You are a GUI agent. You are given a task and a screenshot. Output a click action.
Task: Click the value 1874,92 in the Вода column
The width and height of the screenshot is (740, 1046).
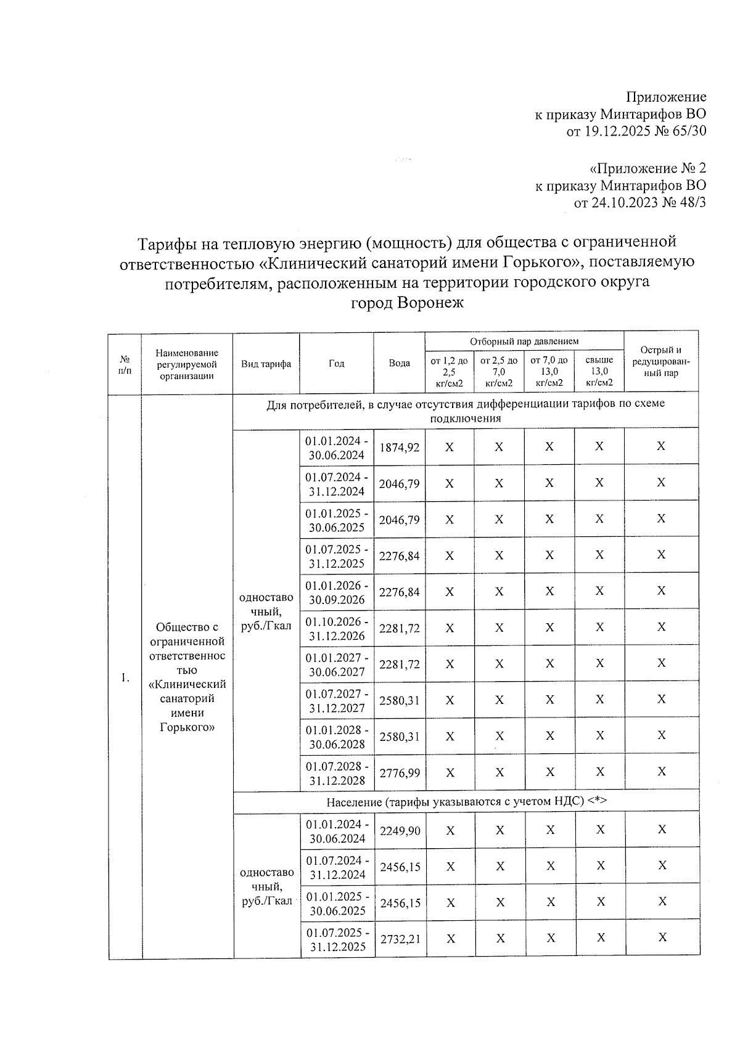click(399, 447)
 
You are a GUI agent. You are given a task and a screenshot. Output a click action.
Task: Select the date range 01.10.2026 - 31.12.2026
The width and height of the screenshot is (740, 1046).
click(337, 628)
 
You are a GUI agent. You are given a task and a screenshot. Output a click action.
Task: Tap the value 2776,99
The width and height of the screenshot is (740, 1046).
click(399, 772)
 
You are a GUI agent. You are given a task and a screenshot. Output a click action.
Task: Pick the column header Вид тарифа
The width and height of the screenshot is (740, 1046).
click(266, 364)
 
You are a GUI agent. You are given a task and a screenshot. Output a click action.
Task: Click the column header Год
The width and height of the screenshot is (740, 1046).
click(336, 364)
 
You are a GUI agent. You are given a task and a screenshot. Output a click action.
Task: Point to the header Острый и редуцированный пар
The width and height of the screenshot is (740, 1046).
click(661, 362)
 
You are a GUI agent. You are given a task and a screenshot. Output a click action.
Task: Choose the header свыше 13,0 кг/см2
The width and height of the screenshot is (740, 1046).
click(599, 371)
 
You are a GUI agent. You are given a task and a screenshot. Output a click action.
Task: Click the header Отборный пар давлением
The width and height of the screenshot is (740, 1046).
click(524, 341)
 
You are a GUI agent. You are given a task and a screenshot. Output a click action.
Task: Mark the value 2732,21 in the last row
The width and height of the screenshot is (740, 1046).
click(400, 939)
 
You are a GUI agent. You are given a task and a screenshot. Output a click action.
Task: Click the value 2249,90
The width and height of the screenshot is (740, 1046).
click(400, 831)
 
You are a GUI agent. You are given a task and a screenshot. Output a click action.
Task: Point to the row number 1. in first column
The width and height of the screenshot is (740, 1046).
click(125, 678)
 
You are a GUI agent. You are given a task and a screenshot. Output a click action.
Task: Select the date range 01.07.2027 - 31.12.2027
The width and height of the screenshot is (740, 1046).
click(337, 701)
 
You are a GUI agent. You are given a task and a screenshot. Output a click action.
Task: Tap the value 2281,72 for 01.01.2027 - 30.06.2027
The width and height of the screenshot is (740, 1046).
click(399, 664)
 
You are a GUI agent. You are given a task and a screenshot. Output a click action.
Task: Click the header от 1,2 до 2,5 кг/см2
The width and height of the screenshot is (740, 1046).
click(449, 371)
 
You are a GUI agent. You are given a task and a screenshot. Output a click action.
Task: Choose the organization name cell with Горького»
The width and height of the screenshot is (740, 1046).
click(187, 677)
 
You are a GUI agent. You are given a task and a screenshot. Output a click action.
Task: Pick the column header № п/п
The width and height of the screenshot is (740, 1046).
click(125, 364)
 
